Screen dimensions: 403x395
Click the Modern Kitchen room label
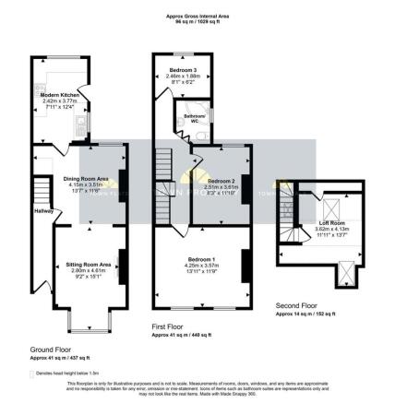(x=58, y=95)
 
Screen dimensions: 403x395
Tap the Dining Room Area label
(x=87, y=178)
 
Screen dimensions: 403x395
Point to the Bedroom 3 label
(x=183, y=70)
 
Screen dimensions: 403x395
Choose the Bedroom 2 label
(x=221, y=180)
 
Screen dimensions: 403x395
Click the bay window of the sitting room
(x=89, y=323)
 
